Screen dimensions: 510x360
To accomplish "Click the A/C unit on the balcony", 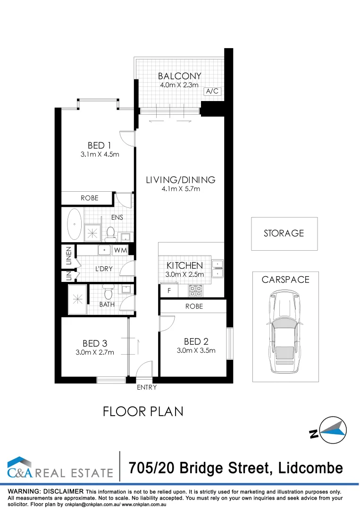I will (212, 92).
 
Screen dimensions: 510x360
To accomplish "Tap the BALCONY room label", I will (179, 76).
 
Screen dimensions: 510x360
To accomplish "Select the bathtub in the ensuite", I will (75, 224).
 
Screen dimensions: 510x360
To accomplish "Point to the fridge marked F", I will (168, 291).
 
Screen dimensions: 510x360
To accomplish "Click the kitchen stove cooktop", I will (195, 290).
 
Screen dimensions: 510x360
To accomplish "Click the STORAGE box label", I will (284, 233).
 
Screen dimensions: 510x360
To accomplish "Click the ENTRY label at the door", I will (146, 387).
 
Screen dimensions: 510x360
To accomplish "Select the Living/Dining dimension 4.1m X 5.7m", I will (180, 189).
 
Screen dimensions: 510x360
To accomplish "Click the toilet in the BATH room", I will (108, 293).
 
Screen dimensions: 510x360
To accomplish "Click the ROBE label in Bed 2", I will (194, 306).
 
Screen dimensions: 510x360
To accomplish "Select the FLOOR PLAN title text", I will (143, 412).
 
